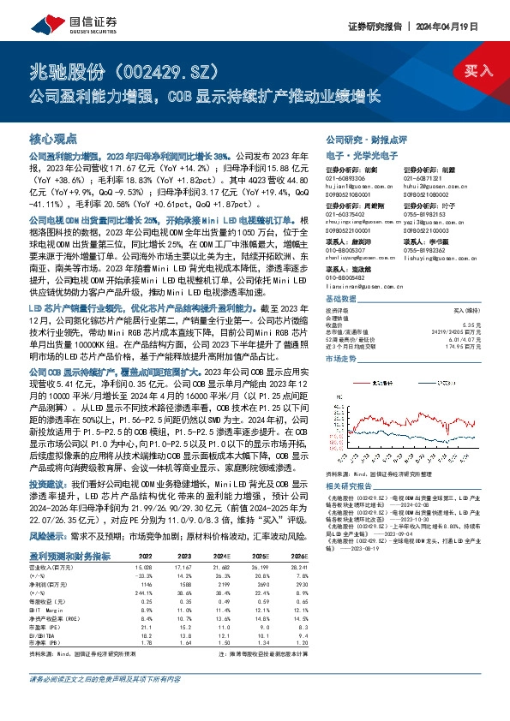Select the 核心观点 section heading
pos(53,138)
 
